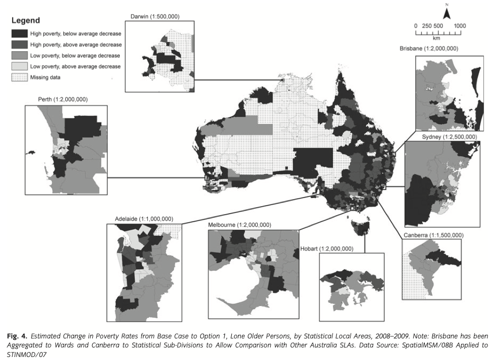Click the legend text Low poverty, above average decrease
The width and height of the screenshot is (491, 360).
click(x=75, y=66)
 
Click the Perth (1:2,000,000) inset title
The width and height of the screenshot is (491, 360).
click(x=63, y=99)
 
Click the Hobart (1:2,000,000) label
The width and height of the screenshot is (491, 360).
click(x=326, y=249)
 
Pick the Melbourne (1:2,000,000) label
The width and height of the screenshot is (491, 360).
click(x=239, y=225)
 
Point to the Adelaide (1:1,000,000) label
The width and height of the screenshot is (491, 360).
click(x=144, y=219)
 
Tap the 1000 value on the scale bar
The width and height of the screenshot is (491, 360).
click(x=459, y=26)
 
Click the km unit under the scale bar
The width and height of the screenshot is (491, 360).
click(x=437, y=38)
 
